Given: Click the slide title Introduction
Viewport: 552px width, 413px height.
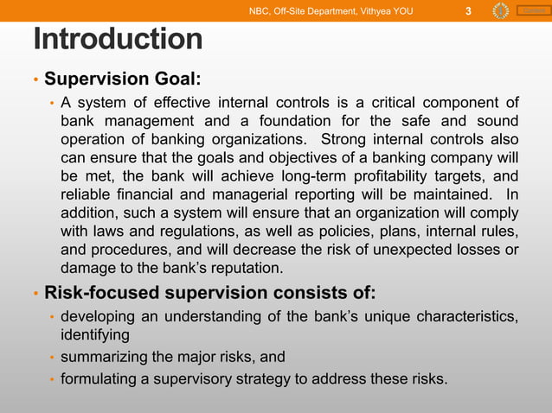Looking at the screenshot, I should (x=118, y=40).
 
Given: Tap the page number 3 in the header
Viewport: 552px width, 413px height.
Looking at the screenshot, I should (x=467, y=11).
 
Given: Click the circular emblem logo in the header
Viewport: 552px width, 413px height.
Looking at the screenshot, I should (x=500, y=11).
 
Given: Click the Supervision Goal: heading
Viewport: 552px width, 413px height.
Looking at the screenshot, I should (x=123, y=79).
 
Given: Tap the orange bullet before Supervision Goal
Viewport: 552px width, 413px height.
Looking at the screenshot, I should (x=35, y=80).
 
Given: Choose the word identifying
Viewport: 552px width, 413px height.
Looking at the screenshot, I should (x=95, y=334).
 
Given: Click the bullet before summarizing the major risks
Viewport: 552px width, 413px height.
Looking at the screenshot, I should (x=51, y=358).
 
